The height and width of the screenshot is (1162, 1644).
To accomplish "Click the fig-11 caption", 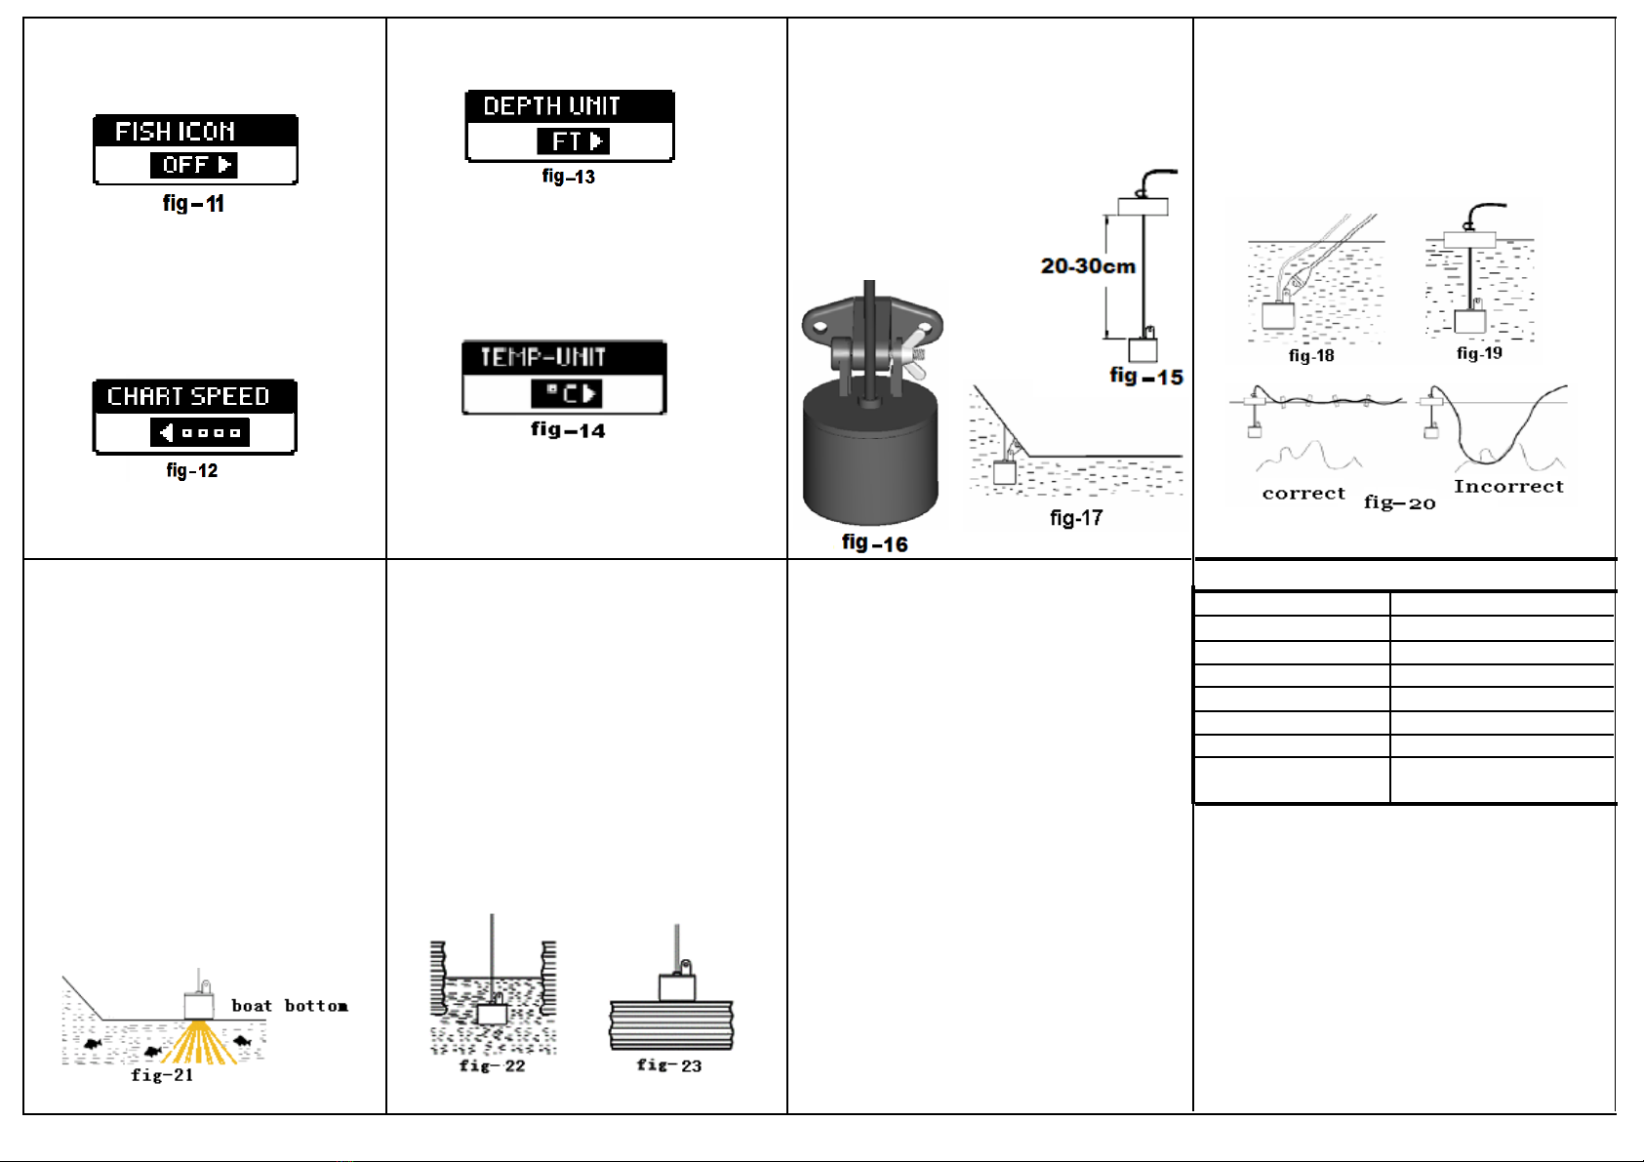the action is (x=193, y=203).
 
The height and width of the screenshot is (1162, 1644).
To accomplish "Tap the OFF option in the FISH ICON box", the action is (x=185, y=165).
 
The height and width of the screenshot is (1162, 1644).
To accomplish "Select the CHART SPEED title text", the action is (x=188, y=396).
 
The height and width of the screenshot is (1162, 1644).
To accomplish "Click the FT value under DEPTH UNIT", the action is (x=566, y=140).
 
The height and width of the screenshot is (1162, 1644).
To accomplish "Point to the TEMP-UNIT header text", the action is (x=543, y=357).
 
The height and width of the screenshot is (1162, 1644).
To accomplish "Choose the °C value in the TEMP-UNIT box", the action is (x=562, y=393).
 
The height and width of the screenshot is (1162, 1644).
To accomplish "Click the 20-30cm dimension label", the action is (x=1088, y=265).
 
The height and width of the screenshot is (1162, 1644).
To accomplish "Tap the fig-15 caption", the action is (x=1145, y=377).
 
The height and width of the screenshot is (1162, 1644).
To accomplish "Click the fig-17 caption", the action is (x=1076, y=518).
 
